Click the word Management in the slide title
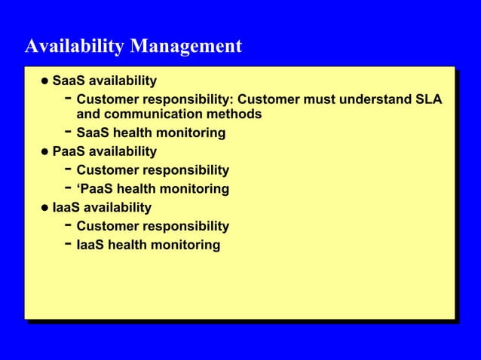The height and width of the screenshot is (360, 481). click(x=186, y=47)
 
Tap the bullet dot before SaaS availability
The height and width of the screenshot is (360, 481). click(x=44, y=81)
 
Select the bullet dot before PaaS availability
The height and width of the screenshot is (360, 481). click(x=44, y=152)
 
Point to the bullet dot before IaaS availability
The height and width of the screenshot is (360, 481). click(x=44, y=208)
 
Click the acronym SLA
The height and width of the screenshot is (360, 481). click(x=428, y=99)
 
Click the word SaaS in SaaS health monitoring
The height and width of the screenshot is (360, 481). click(x=93, y=133)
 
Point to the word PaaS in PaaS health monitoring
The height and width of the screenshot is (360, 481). click(x=98, y=189)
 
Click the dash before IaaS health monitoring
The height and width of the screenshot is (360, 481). click(x=68, y=243)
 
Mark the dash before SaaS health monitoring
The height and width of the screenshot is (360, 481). click(x=68, y=132)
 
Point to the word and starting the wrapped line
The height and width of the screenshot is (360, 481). click(x=89, y=114)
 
